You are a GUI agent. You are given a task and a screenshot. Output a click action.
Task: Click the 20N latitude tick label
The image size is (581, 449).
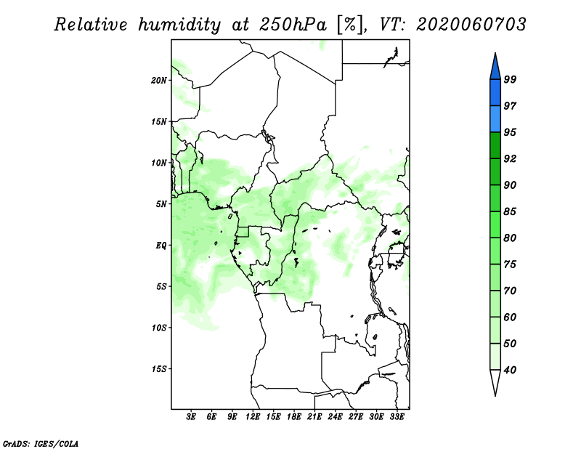[x=159, y=81]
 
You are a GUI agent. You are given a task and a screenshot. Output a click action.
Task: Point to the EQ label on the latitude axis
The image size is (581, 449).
[x=161, y=246]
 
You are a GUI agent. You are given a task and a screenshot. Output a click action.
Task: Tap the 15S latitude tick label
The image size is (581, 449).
[x=159, y=369]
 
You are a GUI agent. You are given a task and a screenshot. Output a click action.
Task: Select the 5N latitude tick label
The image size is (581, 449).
[x=161, y=204]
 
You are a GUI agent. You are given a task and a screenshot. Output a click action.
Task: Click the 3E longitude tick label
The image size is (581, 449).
[x=191, y=417]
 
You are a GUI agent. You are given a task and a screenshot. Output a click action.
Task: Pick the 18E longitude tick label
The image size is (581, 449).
[x=294, y=417]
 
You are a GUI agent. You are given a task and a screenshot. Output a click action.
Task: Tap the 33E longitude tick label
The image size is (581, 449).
[x=397, y=417]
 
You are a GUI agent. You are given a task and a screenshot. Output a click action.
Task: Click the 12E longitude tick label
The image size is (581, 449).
[x=253, y=417]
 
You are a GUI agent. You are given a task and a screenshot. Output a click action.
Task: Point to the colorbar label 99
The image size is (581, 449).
[x=510, y=79]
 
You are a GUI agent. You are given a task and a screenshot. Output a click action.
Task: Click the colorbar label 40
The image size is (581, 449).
[x=510, y=370]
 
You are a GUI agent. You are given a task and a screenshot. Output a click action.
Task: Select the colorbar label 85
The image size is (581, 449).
[x=510, y=211]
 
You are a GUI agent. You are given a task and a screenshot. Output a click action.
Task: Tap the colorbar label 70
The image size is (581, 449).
[x=510, y=291]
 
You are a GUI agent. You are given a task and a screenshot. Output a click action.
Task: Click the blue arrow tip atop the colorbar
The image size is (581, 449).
[x=495, y=53]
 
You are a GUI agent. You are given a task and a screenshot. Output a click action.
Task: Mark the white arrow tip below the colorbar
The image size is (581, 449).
[x=495, y=396]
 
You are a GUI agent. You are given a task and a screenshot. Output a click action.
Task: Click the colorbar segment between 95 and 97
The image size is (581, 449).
[x=495, y=119]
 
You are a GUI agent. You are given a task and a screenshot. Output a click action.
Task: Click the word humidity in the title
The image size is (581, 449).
[x=179, y=25]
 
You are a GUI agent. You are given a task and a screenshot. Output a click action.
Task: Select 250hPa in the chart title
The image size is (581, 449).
[x=293, y=25]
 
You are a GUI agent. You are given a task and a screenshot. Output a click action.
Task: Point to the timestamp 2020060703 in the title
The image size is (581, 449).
[x=471, y=25]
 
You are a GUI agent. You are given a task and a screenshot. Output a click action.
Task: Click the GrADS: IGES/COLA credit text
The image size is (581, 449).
[x=41, y=443]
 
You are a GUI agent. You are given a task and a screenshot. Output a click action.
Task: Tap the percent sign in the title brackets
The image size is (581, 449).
[x=349, y=25]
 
